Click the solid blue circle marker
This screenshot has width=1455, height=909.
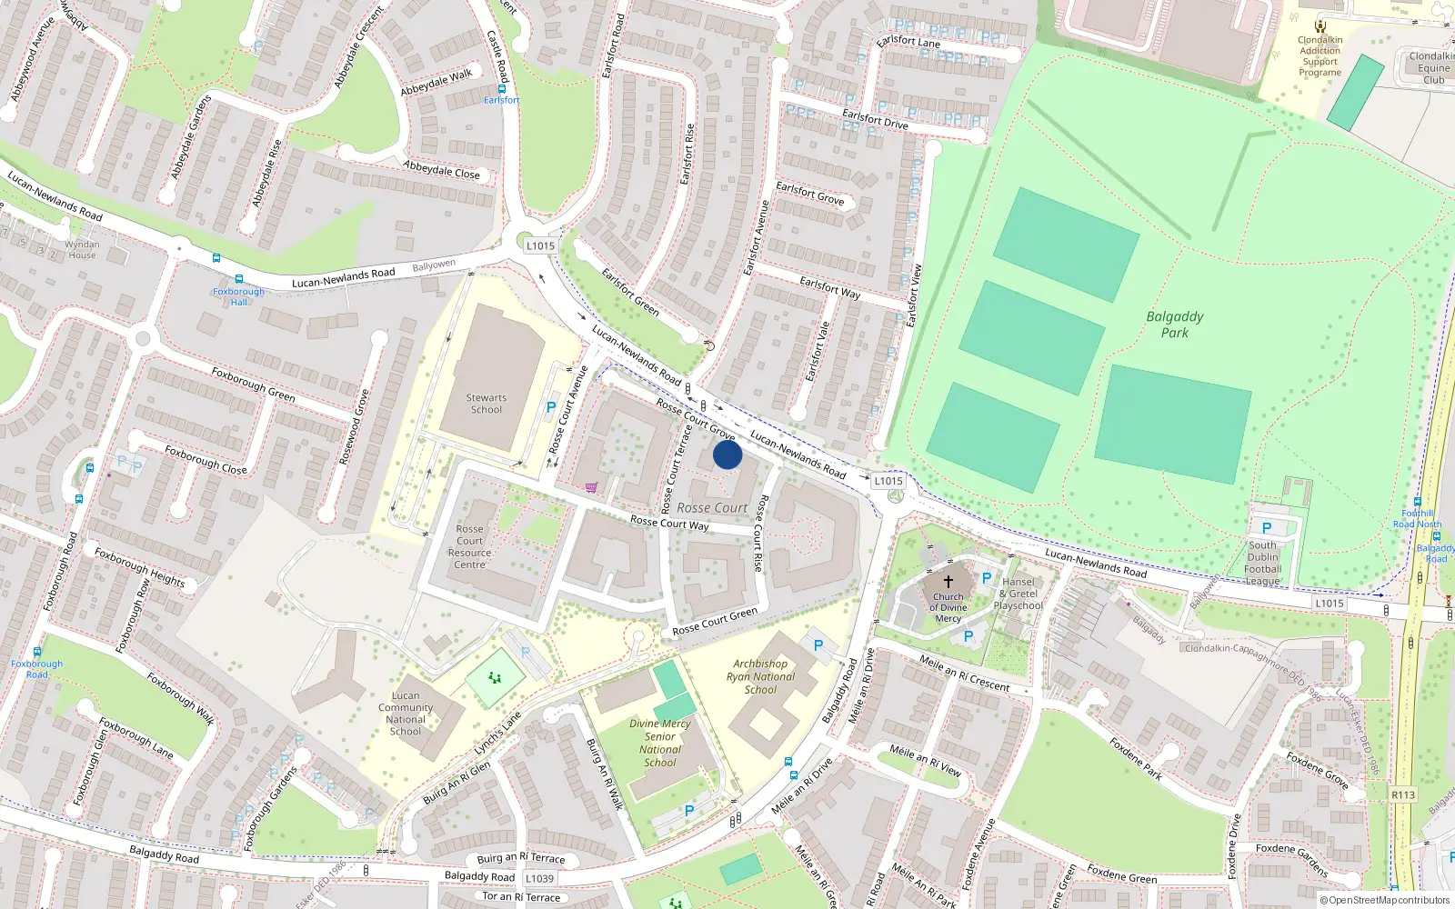click(x=727, y=454)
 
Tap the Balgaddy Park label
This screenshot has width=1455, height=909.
click(x=1174, y=325)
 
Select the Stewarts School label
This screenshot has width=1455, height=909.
click(x=487, y=404)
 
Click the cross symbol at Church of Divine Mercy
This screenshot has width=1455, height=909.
click(x=948, y=581)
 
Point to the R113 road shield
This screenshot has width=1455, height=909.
click(x=1403, y=794)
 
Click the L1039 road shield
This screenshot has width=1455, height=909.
click(x=539, y=879)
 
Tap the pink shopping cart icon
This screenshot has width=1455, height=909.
click(x=592, y=487)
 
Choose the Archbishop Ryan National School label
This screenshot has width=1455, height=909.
click(x=760, y=677)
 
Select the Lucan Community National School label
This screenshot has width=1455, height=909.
click(x=406, y=714)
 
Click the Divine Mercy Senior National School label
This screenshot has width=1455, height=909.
click(x=660, y=744)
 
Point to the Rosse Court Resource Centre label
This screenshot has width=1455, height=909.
click(x=469, y=546)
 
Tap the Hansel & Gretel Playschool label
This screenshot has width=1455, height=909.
click(x=1018, y=594)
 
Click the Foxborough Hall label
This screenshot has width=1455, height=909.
click(x=238, y=296)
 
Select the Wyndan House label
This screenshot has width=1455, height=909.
click(x=82, y=250)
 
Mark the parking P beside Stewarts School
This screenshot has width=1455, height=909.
click(x=550, y=408)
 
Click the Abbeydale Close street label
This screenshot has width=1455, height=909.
click(x=441, y=169)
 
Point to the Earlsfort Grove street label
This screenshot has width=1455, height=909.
click(x=809, y=194)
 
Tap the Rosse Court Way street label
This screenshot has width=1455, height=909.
click(x=669, y=523)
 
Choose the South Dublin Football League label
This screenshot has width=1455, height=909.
click(x=1262, y=564)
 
